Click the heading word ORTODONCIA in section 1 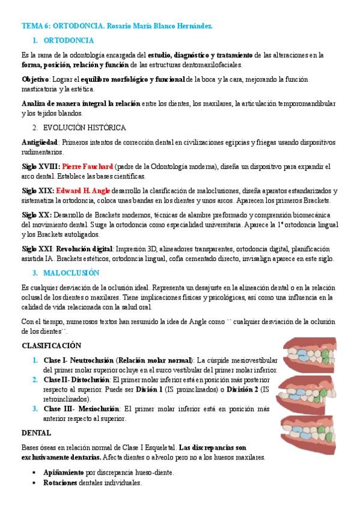69,40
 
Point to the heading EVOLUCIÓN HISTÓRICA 84,127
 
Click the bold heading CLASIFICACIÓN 52,346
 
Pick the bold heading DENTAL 36,432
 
